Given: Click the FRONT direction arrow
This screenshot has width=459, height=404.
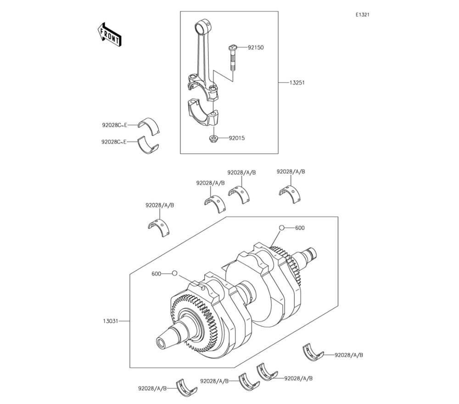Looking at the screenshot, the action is [x=109, y=34].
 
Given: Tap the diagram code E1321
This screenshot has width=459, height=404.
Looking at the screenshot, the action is [x=363, y=15].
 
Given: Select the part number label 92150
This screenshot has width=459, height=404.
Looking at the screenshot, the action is [x=256, y=47].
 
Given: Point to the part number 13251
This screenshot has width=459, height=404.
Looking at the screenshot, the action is [x=297, y=83].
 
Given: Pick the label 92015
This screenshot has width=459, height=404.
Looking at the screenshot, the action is [x=236, y=138].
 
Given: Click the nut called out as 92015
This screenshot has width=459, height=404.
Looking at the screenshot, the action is [x=214, y=139].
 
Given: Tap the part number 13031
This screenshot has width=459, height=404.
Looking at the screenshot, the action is [x=110, y=321].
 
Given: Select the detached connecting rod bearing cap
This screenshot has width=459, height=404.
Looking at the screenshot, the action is [x=203, y=113].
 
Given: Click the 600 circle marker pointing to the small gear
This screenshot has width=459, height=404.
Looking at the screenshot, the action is [x=282, y=228].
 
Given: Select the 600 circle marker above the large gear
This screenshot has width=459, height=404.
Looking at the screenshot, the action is [x=174, y=274].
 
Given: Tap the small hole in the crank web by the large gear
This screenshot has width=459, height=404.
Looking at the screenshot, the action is [x=202, y=289].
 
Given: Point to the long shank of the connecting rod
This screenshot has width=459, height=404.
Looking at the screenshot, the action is [x=202, y=56].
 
